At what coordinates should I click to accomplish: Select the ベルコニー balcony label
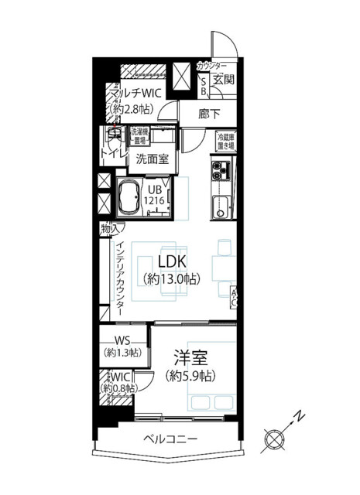click(170, 439)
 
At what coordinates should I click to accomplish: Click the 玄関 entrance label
click(224, 80)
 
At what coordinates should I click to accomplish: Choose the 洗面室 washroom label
click(152, 160)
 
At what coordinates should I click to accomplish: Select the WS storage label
click(122, 340)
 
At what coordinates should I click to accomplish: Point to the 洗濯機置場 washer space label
click(139, 136)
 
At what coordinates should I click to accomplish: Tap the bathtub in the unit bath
click(125, 196)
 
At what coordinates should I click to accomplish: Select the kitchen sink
click(221, 206)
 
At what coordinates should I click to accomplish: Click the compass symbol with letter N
click(275, 438)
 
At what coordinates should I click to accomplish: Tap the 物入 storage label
click(109, 228)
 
